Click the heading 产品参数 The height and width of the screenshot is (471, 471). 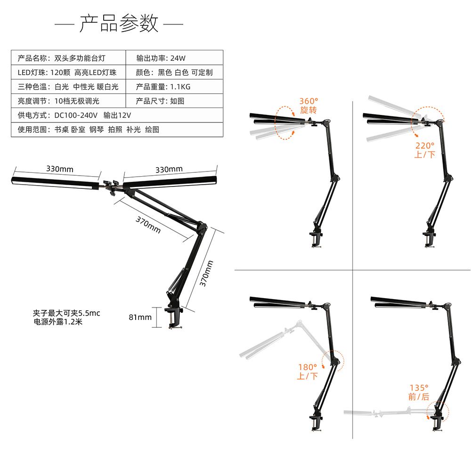tap(119, 24)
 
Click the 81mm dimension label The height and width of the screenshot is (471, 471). tap(140, 317)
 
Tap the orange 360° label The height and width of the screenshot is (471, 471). tap(309, 101)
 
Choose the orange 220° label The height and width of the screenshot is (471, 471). tap(424, 146)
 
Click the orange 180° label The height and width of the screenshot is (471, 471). tap(308, 367)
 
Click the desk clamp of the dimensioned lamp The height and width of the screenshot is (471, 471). tap(174, 318)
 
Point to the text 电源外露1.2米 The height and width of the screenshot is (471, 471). tap(58, 322)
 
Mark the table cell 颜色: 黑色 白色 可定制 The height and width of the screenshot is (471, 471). tap(174, 73)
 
